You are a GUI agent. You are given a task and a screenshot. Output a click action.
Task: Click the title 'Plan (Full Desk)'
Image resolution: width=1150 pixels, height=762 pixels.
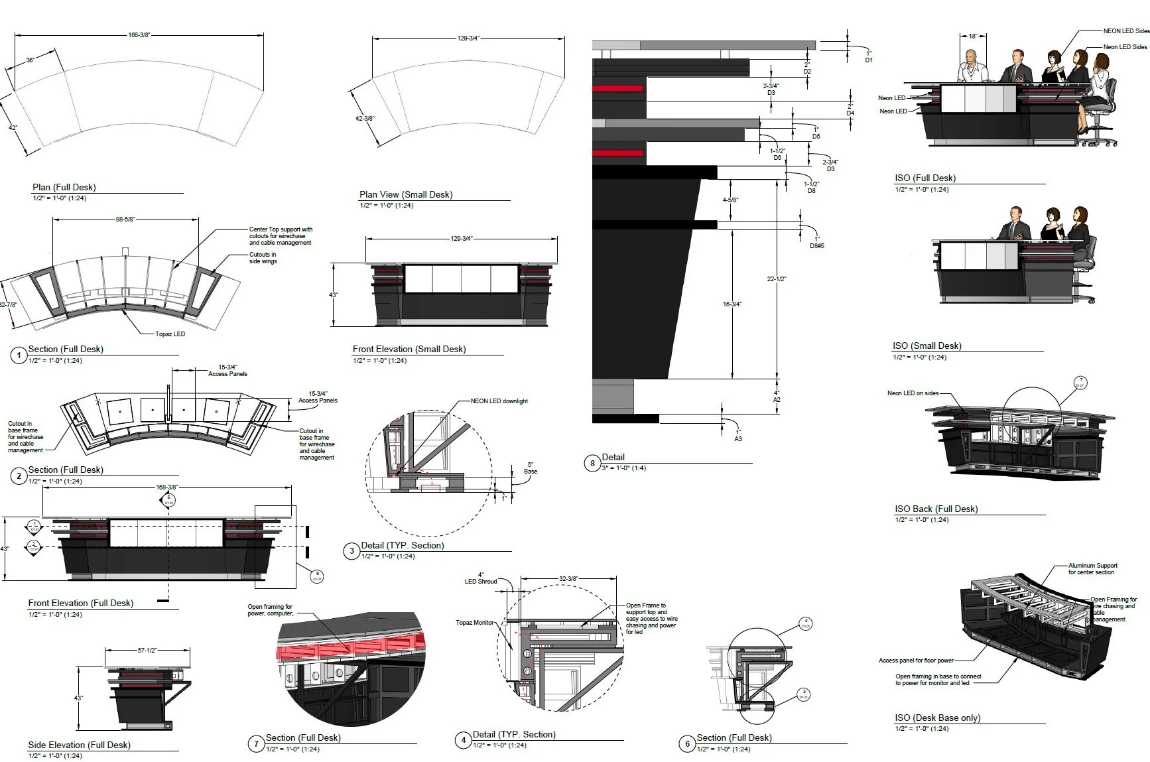pos(64,188)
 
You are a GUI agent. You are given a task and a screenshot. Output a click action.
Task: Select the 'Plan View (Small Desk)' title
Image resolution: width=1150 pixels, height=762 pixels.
pos(406,195)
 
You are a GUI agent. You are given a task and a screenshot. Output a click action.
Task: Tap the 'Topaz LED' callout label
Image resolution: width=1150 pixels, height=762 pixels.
pos(170,334)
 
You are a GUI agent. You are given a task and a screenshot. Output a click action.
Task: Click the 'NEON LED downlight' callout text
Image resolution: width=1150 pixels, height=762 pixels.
pos(499,401)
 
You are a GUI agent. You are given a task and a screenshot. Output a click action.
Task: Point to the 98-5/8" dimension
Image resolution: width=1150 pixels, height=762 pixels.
pos(125,220)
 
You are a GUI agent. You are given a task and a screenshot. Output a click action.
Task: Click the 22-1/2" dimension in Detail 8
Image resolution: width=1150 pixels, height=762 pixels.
pos(777,279)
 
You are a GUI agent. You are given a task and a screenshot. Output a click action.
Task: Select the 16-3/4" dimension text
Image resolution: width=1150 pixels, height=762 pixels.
pos(732,304)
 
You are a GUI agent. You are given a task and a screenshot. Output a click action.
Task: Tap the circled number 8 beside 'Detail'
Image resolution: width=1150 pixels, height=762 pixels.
pos(592,463)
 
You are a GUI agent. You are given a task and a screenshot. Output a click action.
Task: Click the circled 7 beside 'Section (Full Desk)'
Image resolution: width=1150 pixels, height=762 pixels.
pos(257,743)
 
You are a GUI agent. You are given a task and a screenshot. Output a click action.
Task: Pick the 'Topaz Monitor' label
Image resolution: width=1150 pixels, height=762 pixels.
pos(475,623)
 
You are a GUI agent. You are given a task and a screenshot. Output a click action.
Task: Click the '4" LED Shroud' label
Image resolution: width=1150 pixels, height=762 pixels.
pos(481,578)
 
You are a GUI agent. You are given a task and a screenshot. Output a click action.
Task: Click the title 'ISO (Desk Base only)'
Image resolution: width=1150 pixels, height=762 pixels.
pos(937,718)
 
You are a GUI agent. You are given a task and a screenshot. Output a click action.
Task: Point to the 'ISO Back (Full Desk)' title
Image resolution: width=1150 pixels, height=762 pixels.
pos(936,509)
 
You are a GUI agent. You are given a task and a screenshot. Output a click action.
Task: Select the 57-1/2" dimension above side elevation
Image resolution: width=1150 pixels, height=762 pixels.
pos(147,651)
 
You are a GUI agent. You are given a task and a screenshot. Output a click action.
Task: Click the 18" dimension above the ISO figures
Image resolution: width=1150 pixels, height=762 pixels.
pos(973,36)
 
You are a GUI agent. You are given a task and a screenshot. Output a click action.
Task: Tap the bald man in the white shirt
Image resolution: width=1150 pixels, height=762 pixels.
pos(972,66)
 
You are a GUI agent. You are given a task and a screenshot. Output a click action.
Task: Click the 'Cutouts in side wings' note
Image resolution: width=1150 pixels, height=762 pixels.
pos(263,258)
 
